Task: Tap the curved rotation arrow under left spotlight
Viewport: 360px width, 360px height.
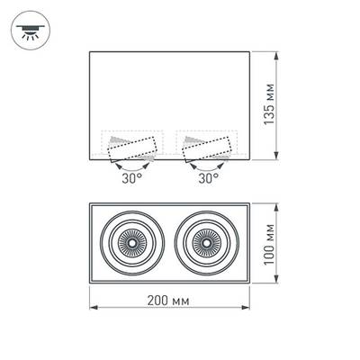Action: click(x=133, y=166)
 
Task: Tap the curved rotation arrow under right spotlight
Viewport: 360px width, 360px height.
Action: click(x=208, y=166)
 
